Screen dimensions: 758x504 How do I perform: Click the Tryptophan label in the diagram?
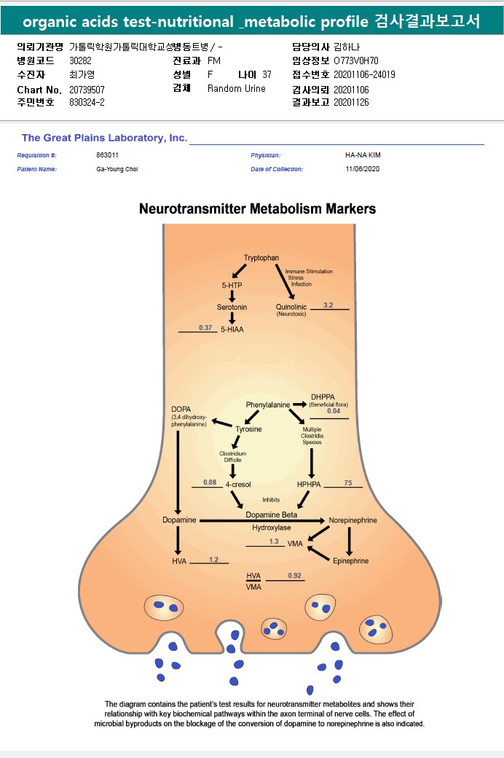click(x=261, y=258)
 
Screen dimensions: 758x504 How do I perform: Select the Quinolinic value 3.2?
click(x=328, y=305)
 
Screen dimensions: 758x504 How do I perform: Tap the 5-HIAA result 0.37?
click(x=205, y=328)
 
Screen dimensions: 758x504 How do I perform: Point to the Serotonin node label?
click(x=232, y=307)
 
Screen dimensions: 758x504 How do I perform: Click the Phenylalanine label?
click(x=267, y=405)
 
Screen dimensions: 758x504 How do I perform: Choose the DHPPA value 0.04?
click(x=334, y=412)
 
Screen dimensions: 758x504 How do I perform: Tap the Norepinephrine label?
click(x=353, y=520)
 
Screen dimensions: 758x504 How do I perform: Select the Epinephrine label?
click(x=350, y=561)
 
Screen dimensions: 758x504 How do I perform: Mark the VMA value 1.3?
click(x=274, y=541)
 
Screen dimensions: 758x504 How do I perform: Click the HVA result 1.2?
click(x=213, y=559)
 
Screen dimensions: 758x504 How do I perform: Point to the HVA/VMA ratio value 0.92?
click(x=294, y=576)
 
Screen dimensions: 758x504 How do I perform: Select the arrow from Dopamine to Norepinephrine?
click(x=262, y=520)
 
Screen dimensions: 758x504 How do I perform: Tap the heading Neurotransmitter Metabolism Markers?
click(x=257, y=209)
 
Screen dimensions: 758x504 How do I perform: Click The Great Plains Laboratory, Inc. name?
click(x=104, y=138)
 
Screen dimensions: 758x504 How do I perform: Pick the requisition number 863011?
click(x=107, y=155)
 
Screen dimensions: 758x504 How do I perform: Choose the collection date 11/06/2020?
click(x=362, y=169)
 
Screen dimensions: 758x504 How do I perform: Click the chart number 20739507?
click(x=87, y=89)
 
